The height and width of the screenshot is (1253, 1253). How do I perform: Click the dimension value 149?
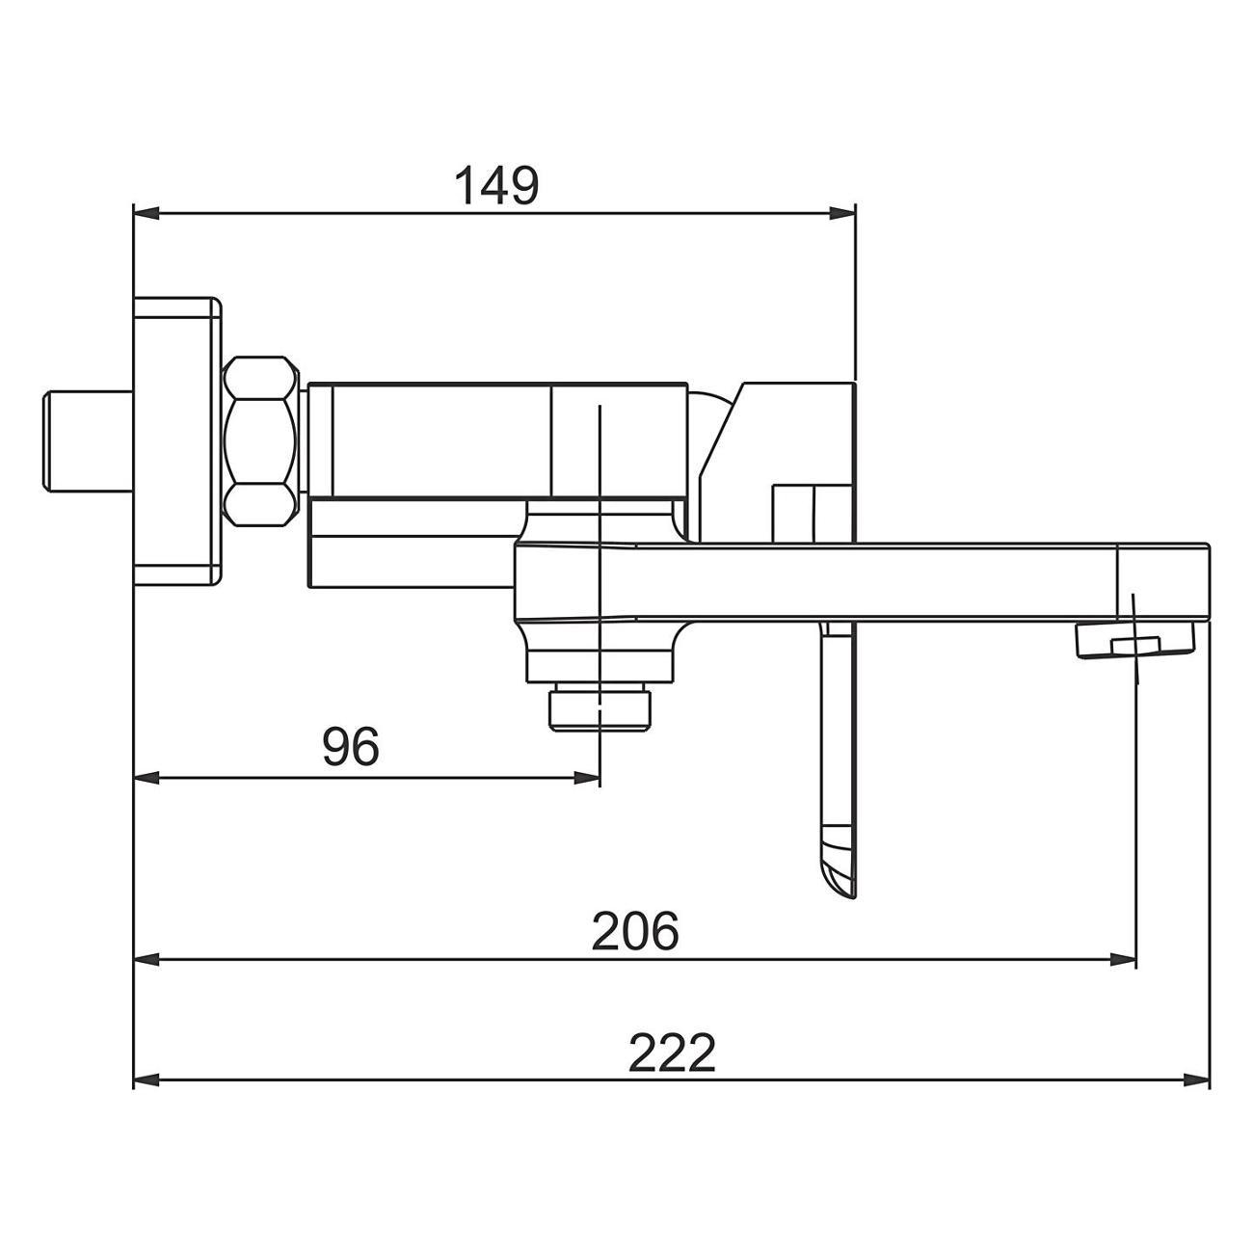496,185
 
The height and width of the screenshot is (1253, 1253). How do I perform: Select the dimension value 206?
635,932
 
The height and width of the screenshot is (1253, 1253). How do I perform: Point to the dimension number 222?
672,1053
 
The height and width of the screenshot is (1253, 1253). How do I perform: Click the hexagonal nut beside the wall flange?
261,440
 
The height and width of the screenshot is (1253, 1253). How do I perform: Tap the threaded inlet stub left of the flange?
88,441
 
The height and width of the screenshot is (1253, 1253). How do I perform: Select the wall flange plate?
176,440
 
